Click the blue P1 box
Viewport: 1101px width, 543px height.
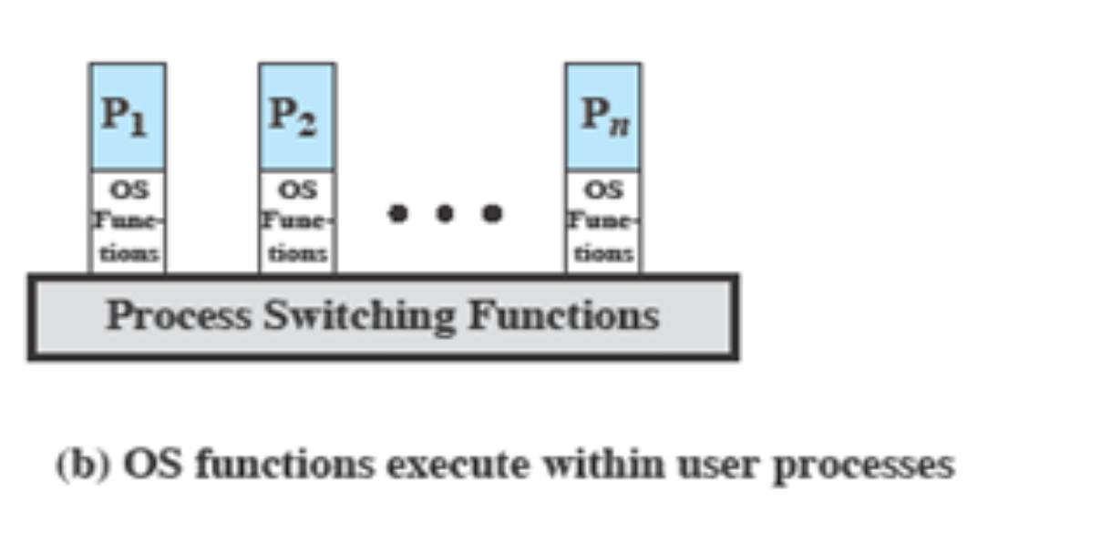pyautogui.click(x=127, y=116)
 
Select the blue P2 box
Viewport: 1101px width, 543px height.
pyautogui.click(x=296, y=116)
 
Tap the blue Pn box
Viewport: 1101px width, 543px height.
pyautogui.click(x=602, y=116)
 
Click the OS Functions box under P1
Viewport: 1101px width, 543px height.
pyautogui.click(x=128, y=221)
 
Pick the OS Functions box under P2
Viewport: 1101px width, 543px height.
pyautogui.click(x=297, y=221)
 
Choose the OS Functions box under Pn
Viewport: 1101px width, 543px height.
pyautogui.click(x=602, y=221)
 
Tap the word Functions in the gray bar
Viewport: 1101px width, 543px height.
pyautogui.click(x=562, y=315)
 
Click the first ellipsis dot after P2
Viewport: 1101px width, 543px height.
pyautogui.click(x=397, y=214)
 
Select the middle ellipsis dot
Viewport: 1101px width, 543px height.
pyautogui.click(x=445, y=214)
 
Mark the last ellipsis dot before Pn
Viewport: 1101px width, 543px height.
pyautogui.click(x=492, y=214)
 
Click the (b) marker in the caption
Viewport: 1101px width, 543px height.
pyautogui.click(x=82, y=466)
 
